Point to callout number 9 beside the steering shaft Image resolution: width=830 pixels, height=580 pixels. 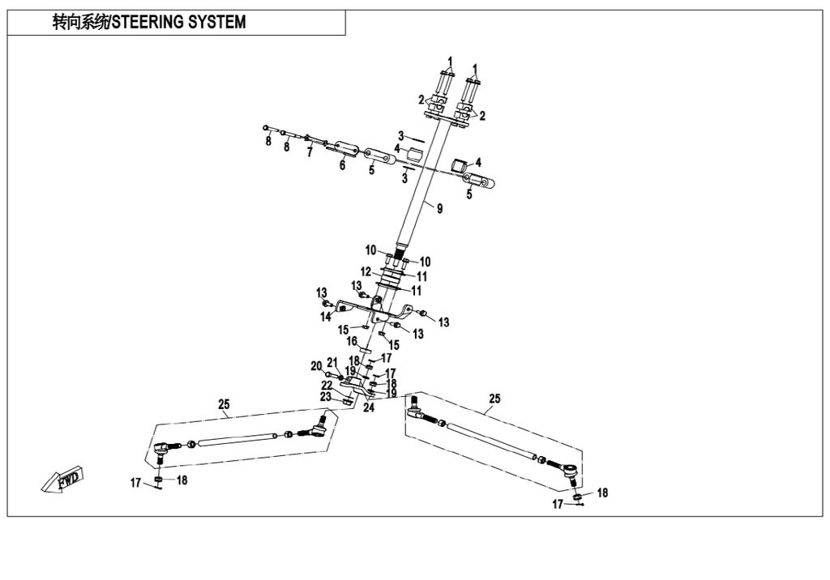coord(439,209)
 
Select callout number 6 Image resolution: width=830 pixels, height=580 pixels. coord(342,165)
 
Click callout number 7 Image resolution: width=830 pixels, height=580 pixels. coord(309,151)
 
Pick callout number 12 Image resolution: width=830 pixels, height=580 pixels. coord(366,271)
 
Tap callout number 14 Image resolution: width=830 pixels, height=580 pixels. coord(326,318)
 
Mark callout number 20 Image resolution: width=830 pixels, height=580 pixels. coord(316,366)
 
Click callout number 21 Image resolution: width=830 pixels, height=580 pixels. coord(332,362)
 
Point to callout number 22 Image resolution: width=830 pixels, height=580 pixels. coord(326,385)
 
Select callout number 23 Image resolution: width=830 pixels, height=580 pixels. coord(326,397)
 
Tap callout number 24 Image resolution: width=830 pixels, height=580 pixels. coord(369,407)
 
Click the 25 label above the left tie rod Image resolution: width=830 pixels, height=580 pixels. coord(224,403)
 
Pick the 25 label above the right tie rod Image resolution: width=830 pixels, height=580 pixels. coord(495,399)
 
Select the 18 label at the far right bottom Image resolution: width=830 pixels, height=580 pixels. coord(601,493)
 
